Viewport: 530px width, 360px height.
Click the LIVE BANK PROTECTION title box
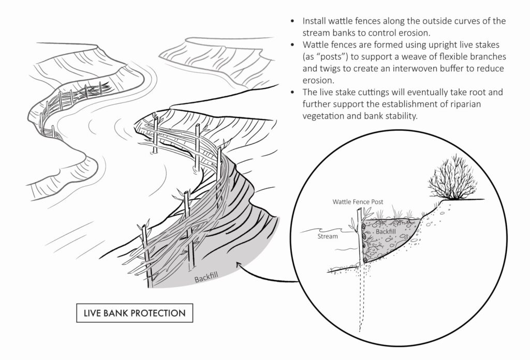[135, 313]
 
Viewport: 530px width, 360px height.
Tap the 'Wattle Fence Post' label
[358, 202]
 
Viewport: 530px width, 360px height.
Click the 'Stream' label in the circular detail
[328, 236]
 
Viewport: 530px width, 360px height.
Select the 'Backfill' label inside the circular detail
[386, 232]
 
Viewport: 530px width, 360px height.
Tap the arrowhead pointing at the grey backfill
[240, 265]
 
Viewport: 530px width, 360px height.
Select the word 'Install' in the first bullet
[314, 21]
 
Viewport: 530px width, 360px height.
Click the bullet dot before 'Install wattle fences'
[293, 21]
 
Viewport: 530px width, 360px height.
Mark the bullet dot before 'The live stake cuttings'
[293, 93]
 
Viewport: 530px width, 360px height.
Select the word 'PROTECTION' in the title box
[158, 313]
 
